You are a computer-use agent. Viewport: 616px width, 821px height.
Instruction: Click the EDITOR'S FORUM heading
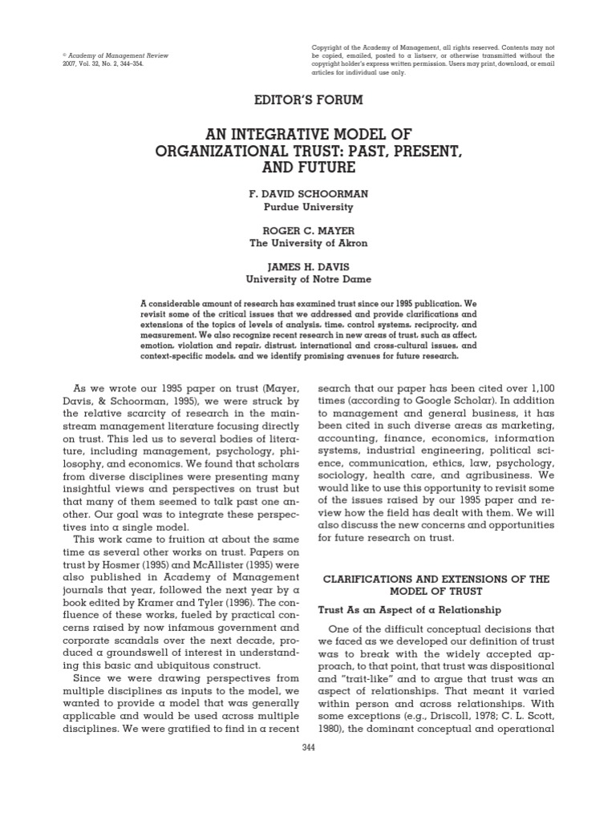[308, 100]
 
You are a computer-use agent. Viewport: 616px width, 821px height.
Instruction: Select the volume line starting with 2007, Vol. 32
[102, 63]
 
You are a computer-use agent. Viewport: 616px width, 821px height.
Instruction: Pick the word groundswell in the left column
[138, 642]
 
